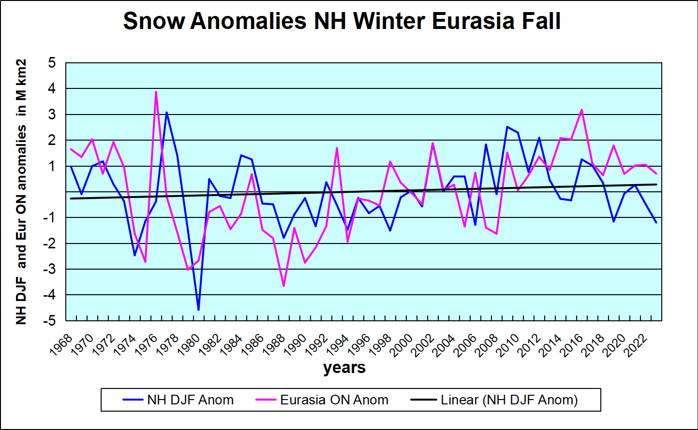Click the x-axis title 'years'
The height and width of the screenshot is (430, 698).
click(344, 368)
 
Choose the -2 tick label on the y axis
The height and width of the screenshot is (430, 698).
click(50, 244)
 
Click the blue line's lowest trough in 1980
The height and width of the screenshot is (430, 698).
click(198, 309)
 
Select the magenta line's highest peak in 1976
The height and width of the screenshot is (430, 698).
click(156, 92)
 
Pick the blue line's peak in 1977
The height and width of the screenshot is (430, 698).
click(166, 113)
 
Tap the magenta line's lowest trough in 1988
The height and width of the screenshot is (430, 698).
click(283, 286)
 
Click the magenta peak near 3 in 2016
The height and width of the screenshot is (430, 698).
click(581, 110)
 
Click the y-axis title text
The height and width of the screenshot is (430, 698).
click(21, 192)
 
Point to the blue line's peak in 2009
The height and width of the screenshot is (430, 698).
click(507, 127)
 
